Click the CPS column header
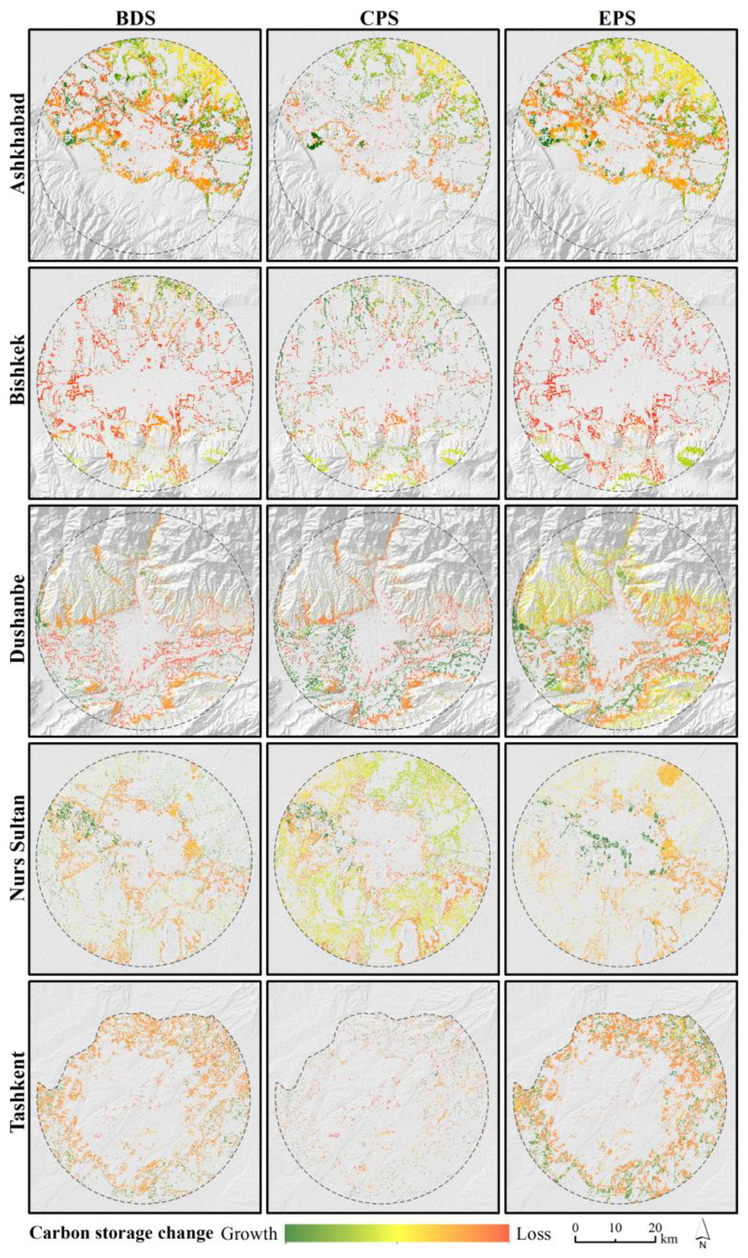pos(379,18)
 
